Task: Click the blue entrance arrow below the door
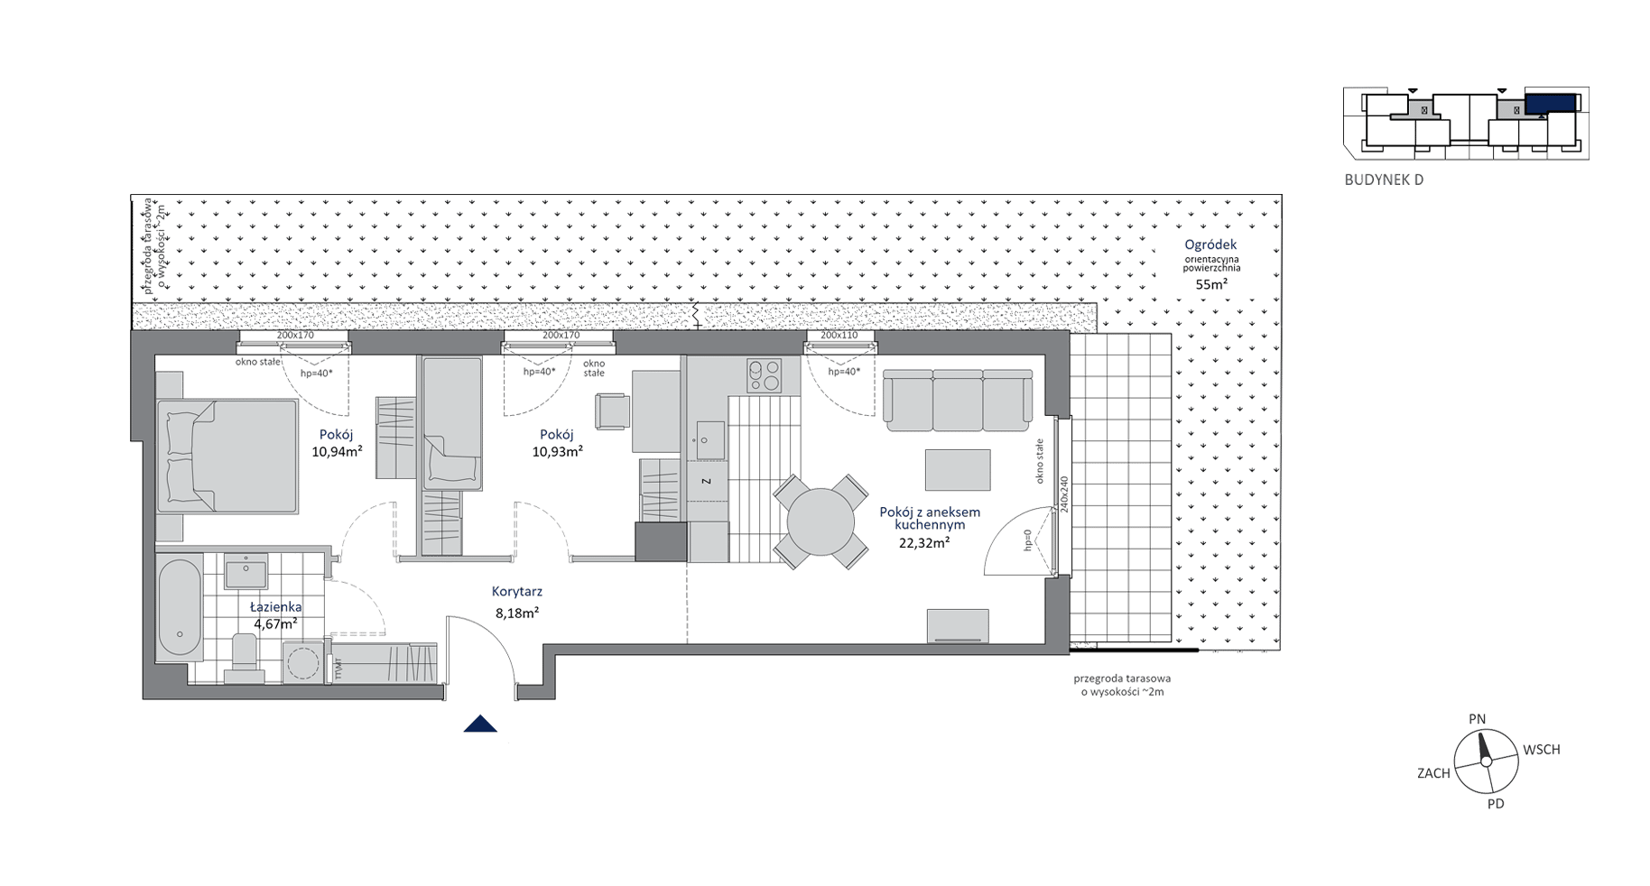[480, 724]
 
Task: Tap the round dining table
[820, 522]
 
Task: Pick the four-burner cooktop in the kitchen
[764, 375]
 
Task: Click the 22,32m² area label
[923, 543]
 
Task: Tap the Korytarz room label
[516, 592]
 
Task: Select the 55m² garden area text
[1211, 283]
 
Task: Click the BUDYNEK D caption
[1384, 180]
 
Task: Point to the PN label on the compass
[1478, 719]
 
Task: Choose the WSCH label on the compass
[1542, 750]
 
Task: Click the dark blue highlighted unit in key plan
[1551, 103]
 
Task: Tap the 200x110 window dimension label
[839, 336]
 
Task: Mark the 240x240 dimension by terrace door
[1064, 494]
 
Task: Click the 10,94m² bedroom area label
[337, 451]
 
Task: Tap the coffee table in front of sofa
[957, 470]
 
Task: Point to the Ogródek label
[1211, 245]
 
